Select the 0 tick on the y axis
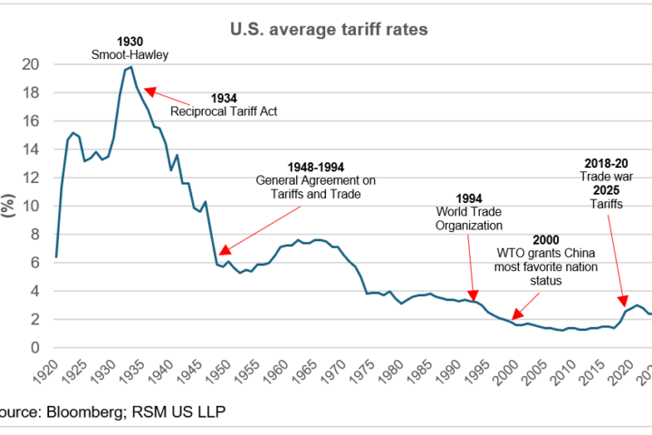click(37, 348)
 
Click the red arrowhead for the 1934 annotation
click(148, 90)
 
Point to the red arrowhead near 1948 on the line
click(224, 251)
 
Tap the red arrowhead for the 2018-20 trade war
click(623, 304)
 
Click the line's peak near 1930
click(131, 67)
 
